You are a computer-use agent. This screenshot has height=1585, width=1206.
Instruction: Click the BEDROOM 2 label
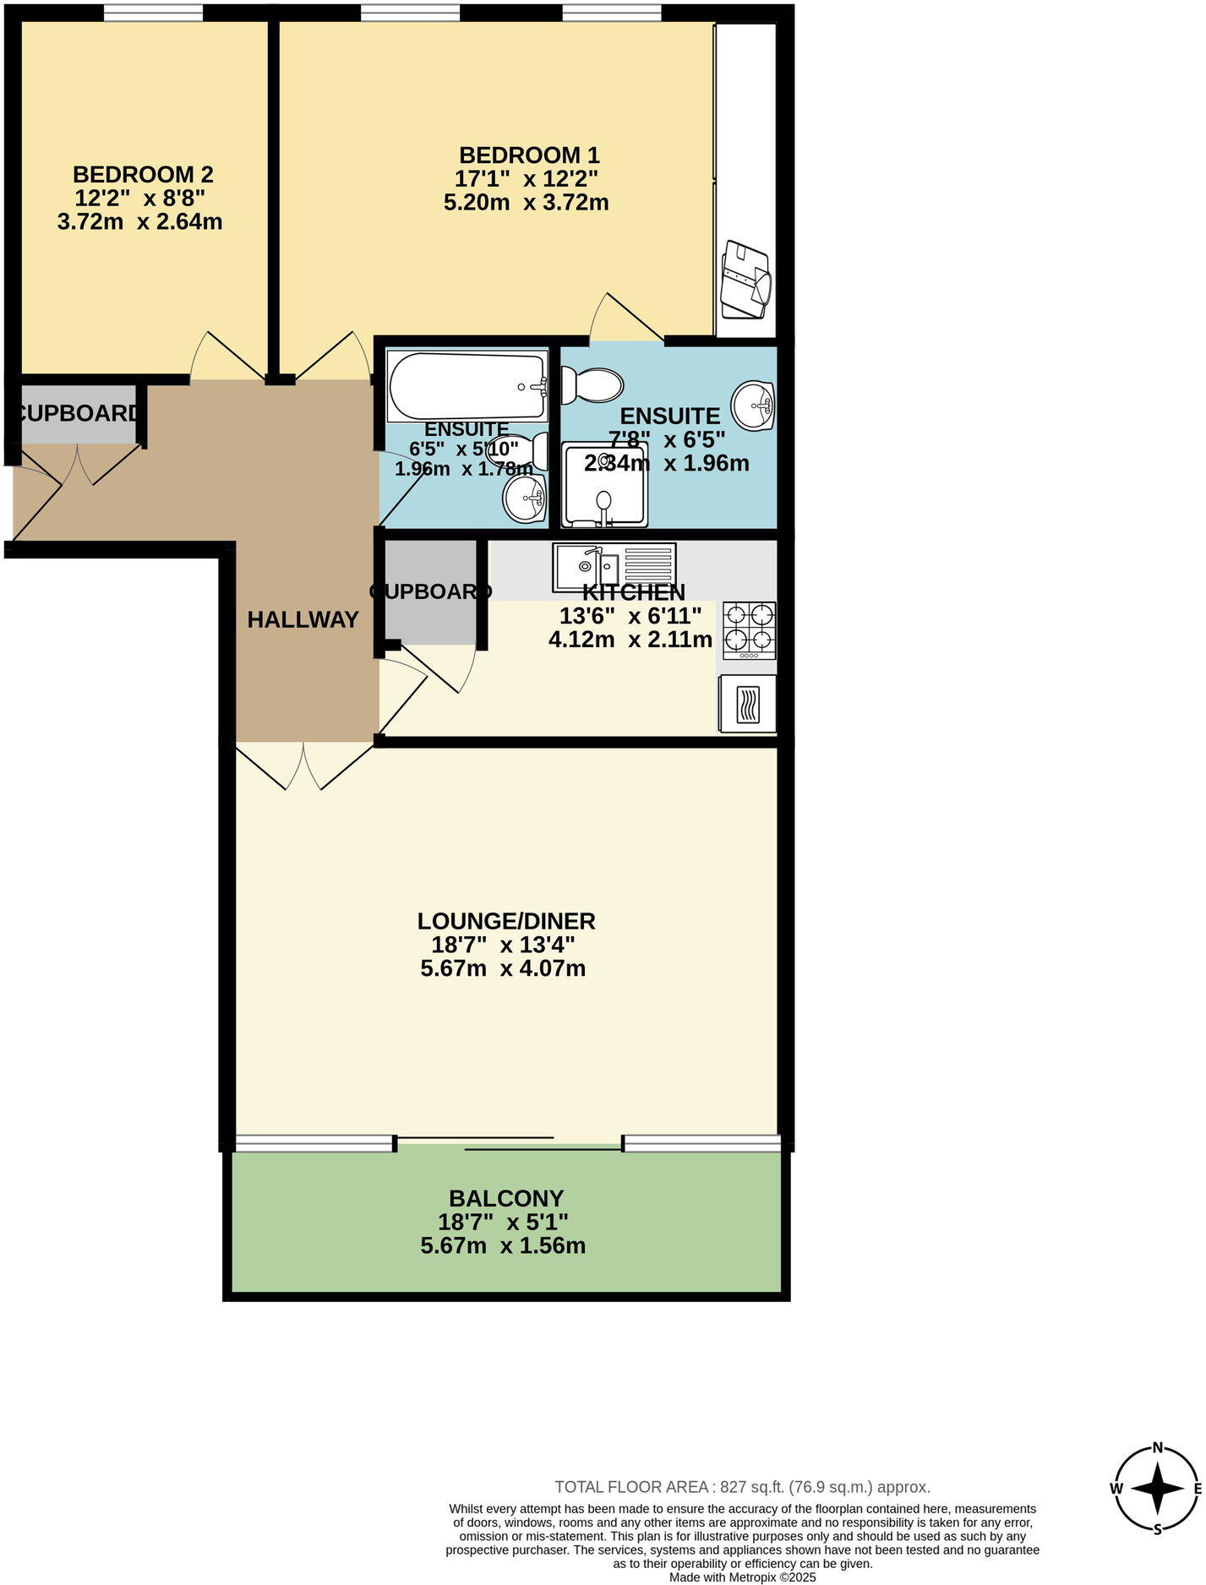143,175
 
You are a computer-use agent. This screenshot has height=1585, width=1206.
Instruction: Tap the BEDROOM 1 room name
529,155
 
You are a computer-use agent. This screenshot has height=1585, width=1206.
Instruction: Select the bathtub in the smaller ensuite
467,386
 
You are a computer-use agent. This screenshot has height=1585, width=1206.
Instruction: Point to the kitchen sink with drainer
614,566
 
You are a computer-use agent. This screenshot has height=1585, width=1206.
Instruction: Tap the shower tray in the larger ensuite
605,486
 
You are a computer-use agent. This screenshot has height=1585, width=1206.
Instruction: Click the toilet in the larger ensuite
592,385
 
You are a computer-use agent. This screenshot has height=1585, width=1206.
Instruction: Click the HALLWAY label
303,620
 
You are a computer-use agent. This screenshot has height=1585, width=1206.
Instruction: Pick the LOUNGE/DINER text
506,921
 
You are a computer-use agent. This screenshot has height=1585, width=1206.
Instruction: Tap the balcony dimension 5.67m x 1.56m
503,1245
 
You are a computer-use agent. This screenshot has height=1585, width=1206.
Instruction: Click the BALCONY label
506,1198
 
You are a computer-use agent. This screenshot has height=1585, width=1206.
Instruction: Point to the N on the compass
1159,1446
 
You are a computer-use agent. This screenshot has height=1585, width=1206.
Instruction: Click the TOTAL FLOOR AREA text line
742,1487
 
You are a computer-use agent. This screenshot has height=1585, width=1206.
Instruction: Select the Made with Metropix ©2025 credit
743,1577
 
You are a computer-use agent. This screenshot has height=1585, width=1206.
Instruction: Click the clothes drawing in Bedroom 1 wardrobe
746,280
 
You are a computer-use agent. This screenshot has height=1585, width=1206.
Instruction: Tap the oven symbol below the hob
748,704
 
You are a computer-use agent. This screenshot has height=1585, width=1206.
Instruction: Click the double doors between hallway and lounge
303,765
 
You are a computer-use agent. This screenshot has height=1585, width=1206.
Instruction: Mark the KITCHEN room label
634,592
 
